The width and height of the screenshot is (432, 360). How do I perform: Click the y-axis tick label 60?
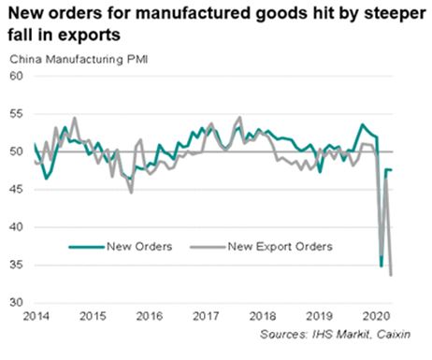[x=16, y=76]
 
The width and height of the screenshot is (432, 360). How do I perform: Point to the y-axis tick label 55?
[x=16, y=113]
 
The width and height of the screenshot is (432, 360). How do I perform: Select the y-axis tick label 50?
[x=16, y=151]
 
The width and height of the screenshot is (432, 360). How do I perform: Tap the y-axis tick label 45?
[x=16, y=189]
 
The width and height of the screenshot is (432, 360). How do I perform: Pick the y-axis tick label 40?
[x=16, y=227]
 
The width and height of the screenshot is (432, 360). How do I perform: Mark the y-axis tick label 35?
[x=16, y=265]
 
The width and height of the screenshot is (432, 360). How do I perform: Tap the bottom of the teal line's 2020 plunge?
[x=381, y=266]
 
